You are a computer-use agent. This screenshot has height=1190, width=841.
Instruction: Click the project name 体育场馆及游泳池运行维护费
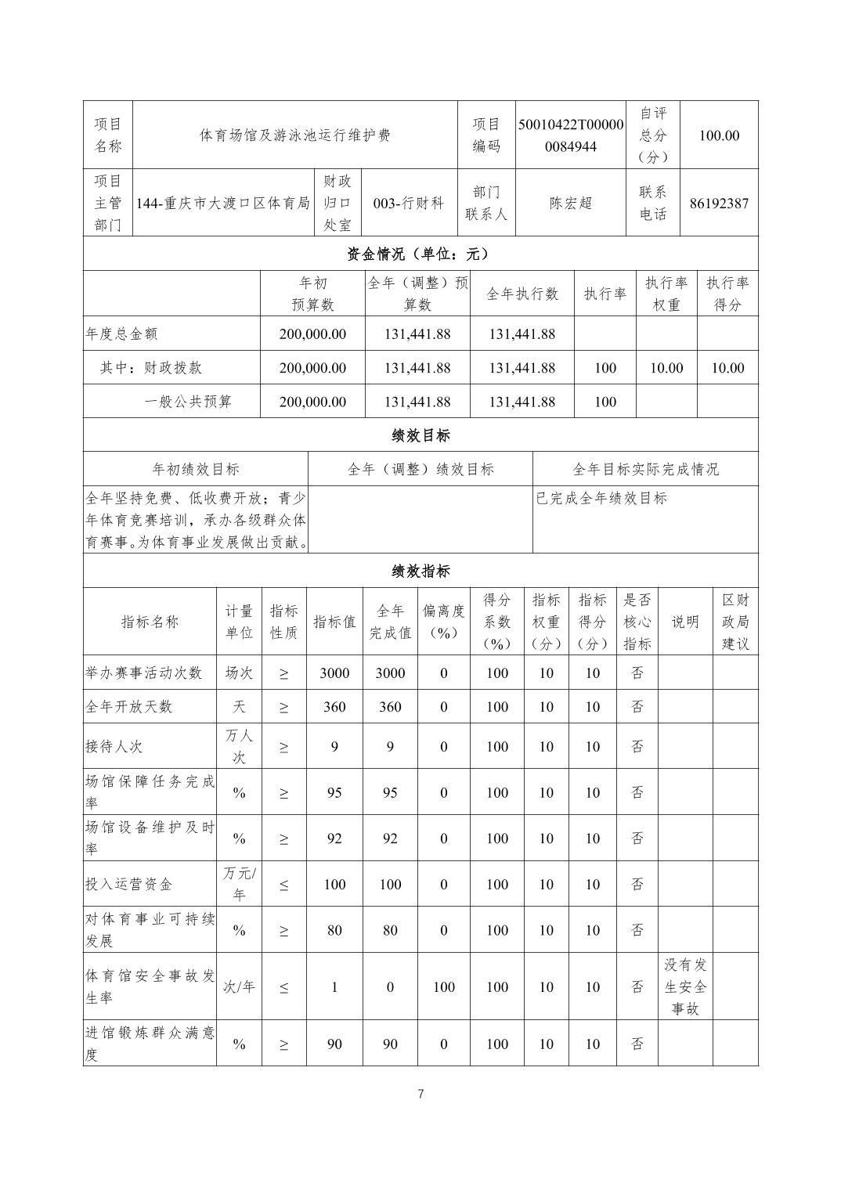click(294, 135)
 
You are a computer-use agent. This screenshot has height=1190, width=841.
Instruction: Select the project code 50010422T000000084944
click(571, 135)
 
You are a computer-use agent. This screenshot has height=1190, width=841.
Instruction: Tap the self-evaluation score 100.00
click(719, 135)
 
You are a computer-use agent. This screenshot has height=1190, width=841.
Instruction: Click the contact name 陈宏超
click(571, 204)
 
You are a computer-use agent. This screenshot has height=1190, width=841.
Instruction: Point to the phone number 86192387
click(719, 204)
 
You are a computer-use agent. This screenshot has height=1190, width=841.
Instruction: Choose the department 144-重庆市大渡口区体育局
click(223, 204)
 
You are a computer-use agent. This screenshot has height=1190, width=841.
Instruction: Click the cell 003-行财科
click(409, 204)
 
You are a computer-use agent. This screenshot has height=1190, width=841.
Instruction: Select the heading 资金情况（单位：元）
click(420, 254)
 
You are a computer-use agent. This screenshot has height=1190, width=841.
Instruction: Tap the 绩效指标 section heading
click(420, 571)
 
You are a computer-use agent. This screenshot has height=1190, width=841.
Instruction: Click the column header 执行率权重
click(666, 294)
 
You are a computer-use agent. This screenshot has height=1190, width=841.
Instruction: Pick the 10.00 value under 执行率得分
click(727, 368)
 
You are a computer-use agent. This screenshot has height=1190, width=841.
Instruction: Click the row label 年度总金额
click(121, 334)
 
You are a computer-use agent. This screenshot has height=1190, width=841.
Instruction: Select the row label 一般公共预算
click(189, 402)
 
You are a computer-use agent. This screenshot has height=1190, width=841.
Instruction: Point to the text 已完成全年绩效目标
click(601, 498)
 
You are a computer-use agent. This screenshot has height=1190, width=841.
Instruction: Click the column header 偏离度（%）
click(443, 622)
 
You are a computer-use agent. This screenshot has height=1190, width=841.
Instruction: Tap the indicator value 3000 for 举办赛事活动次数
click(334, 673)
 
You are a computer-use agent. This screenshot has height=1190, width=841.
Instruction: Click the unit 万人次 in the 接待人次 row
click(239, 746)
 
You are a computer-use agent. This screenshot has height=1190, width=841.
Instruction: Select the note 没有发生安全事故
click(685, 986)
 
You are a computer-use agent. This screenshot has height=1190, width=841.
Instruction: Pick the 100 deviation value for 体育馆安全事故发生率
click(443, 987)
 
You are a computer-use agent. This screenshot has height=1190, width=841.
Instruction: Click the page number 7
click(420, 1094)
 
